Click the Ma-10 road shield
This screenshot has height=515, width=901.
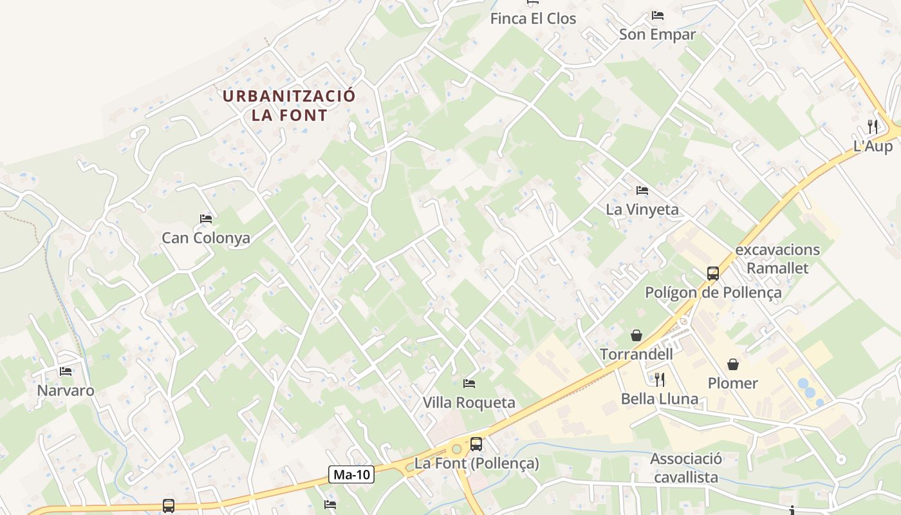point(351,475)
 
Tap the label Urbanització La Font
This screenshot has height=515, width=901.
point(289,106)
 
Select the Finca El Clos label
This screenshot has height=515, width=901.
point(533,19)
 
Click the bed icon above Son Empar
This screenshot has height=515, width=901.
point(657,15)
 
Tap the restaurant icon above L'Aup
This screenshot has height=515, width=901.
point(873,126)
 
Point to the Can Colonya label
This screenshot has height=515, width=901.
point(206,238)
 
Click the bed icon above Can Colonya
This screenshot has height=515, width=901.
point(206,219)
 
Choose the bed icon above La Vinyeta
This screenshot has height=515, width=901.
point(642,191)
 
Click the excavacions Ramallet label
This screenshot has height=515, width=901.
point(777,258)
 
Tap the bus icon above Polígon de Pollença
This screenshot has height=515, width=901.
point(713,273)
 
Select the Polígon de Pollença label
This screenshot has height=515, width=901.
point(713,293)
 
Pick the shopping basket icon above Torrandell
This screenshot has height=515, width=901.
point(636,335)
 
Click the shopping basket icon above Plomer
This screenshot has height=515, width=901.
point(732,364)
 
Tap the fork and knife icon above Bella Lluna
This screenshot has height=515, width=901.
point(659,379)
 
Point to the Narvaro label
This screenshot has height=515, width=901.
point(66,391)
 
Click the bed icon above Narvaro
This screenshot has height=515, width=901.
point(65,371)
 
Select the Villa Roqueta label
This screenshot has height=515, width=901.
point(469,403)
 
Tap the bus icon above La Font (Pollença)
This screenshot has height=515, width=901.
point(476,444)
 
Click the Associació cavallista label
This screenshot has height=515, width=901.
point(686,468)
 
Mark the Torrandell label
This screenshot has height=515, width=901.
point(636,354)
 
